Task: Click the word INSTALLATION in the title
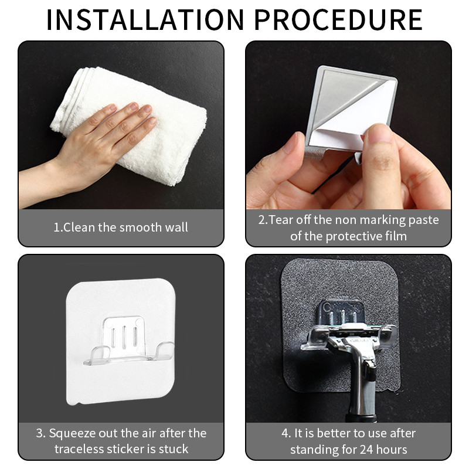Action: (145, 20)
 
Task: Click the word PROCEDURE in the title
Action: (338, 20)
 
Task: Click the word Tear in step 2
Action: (281, 220)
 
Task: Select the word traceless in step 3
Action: (79, 449)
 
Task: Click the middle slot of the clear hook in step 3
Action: (124, 337)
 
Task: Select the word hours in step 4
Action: (392, 449)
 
